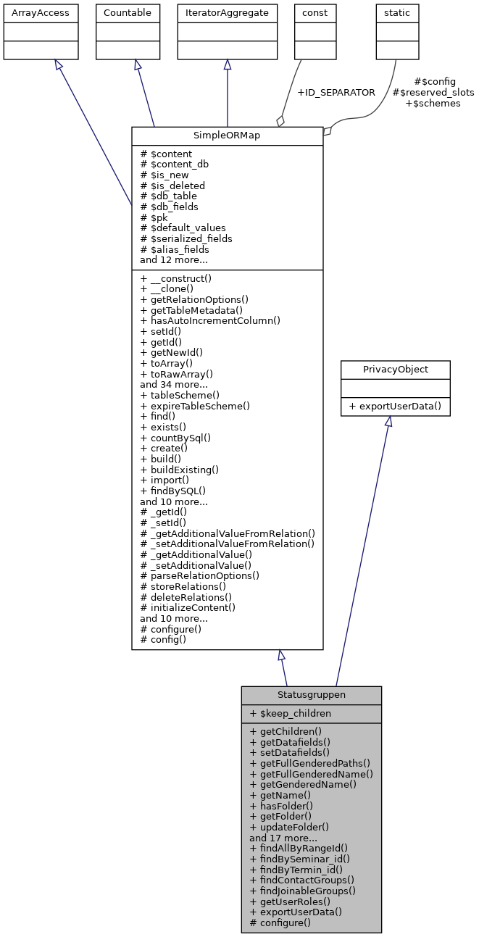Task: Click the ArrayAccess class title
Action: pyautogui.click(x=30, y=13)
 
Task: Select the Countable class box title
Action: pyautogui.click(x=128, y=13)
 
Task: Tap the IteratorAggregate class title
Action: pyautogui.click(x=228, y=13)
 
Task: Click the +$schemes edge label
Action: pyautogui.click(x=433, y=104)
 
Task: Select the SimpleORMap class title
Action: pyautogui.click(x=227, y=136)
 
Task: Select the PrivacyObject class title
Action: pyautogui.click(x=396, y=370)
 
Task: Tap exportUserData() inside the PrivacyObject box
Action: pyautogui.click(x=396, y=406)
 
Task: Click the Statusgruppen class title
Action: pyautogui.click(x=311, y=695)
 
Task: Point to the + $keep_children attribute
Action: pyautogui.click(x=290, y=713)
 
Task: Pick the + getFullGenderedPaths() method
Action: pyautogui.click(x=310, y=763)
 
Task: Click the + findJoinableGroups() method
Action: pyautogui.click(x=303, y=891)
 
